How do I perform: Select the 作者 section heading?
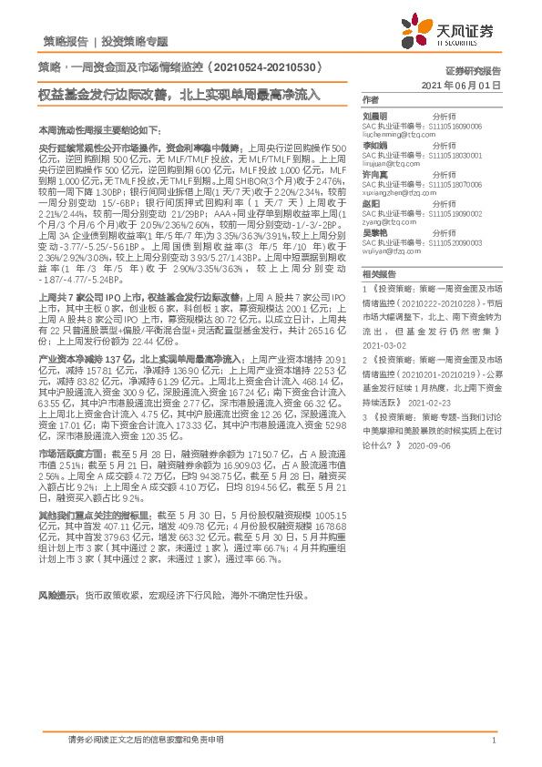pos(370,99)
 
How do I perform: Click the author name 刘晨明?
pos(375,117)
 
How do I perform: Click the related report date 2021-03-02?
pos(383,346)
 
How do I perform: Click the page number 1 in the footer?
pos(493,741)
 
